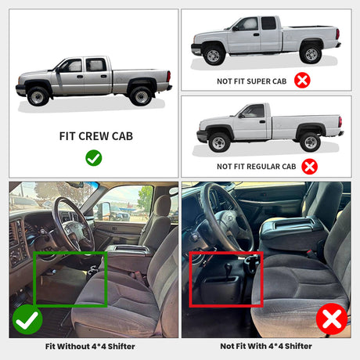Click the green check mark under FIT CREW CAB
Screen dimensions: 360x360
click(94, 158)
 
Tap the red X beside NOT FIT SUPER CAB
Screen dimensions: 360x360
click(302, 81)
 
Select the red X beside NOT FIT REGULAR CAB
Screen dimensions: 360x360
click(309, 167)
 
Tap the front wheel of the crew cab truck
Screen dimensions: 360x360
click(38, 96)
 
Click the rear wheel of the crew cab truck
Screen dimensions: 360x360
click(141, 96)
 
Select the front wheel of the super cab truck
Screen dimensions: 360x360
click(214, 56)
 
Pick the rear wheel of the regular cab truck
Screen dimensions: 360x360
click(311, 142)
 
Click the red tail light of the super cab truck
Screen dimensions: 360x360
click(337, 34)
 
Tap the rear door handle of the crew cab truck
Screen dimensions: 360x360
click(103, 77)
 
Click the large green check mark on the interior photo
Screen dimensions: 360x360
click(27, 319)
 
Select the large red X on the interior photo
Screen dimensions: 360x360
click(332, 319)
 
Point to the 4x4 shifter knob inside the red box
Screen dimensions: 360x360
click(228, 267)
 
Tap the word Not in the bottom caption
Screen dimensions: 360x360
click(226, 346)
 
